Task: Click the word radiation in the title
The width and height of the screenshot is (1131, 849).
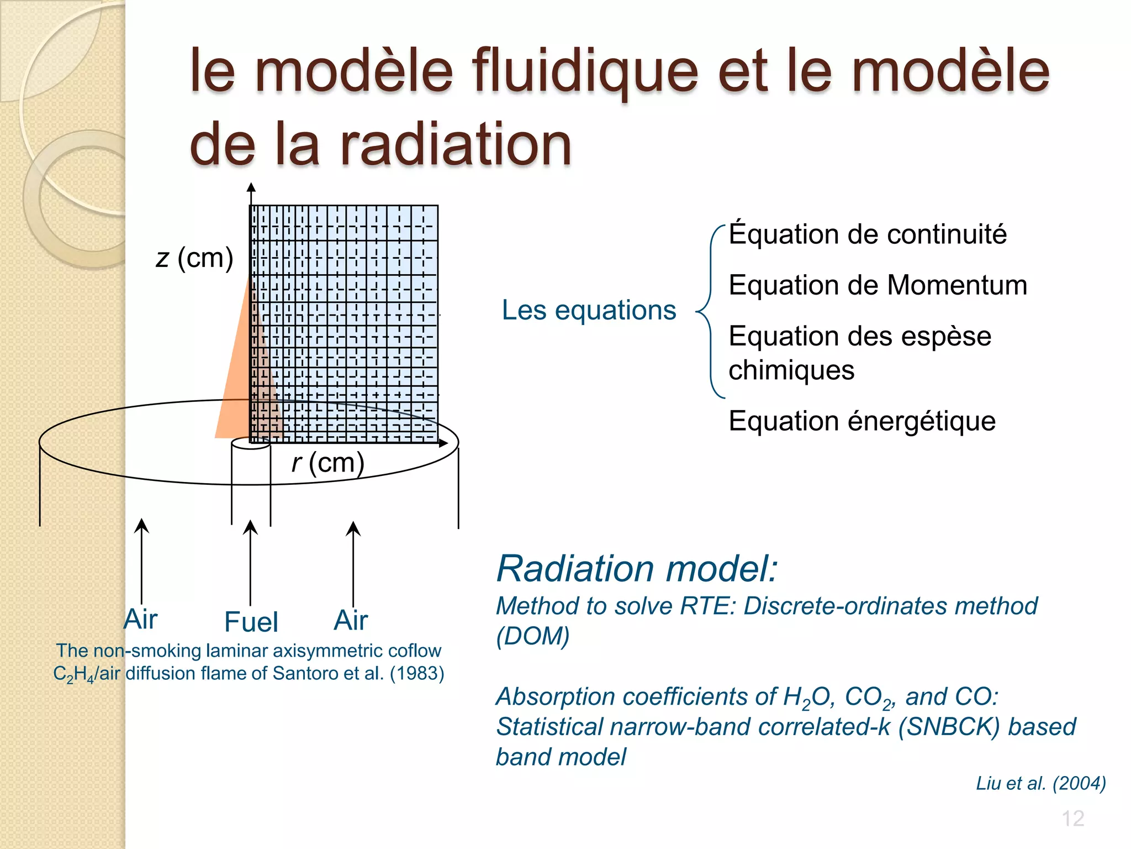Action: pos(456,145)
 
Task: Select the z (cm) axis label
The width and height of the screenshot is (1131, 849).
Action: pos(194,258)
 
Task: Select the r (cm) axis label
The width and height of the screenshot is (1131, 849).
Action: pos(328,463)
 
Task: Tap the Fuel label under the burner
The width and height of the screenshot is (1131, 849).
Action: pos(251,622)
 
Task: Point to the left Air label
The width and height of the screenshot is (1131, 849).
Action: pos(141,619)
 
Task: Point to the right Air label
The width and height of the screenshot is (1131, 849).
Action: pos(351,620)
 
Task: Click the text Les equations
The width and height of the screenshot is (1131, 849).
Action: pos(589,310)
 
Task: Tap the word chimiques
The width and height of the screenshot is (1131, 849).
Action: pos(791,370)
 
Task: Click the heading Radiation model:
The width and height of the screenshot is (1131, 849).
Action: pos(637,569)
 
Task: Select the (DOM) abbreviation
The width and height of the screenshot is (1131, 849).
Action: pos(533,636)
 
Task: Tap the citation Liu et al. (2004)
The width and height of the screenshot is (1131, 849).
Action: pos(1040,783)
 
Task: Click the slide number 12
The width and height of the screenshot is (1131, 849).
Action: pos(1072,819)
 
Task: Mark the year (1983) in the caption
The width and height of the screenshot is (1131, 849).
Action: pos(417,674)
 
